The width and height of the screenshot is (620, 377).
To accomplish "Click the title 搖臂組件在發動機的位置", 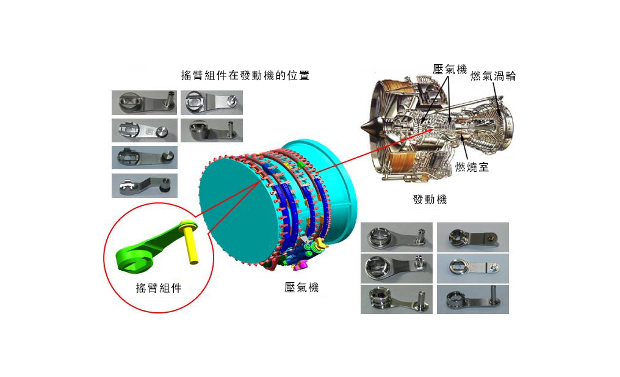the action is tap(245, 75).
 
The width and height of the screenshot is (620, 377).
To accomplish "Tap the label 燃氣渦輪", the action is tap(493, 76).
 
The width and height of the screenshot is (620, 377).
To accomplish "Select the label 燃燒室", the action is tap(472, 167).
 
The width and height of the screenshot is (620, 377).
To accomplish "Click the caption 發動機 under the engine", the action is tap(430, 199).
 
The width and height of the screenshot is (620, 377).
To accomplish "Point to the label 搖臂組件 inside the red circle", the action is tap(159, 288).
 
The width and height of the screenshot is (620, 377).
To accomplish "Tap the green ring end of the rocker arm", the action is tap(131, 260).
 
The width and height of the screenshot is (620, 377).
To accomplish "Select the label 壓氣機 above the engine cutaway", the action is tap(450, 69).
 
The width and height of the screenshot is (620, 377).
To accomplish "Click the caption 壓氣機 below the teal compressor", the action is tap(301, 287).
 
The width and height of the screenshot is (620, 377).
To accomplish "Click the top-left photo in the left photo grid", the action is tap(145, 103).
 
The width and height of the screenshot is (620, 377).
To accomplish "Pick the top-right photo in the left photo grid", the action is tap(212, 103).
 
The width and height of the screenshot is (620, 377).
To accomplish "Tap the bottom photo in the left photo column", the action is tap(145, 186).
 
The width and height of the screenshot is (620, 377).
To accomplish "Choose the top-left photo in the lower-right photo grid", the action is tap(397, 237).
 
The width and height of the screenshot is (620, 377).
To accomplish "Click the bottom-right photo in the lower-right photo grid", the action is tap(473, 300).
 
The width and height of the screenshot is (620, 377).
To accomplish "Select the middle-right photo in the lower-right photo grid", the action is tap(473, 268).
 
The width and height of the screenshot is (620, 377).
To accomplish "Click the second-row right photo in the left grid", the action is tap(212, 130).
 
